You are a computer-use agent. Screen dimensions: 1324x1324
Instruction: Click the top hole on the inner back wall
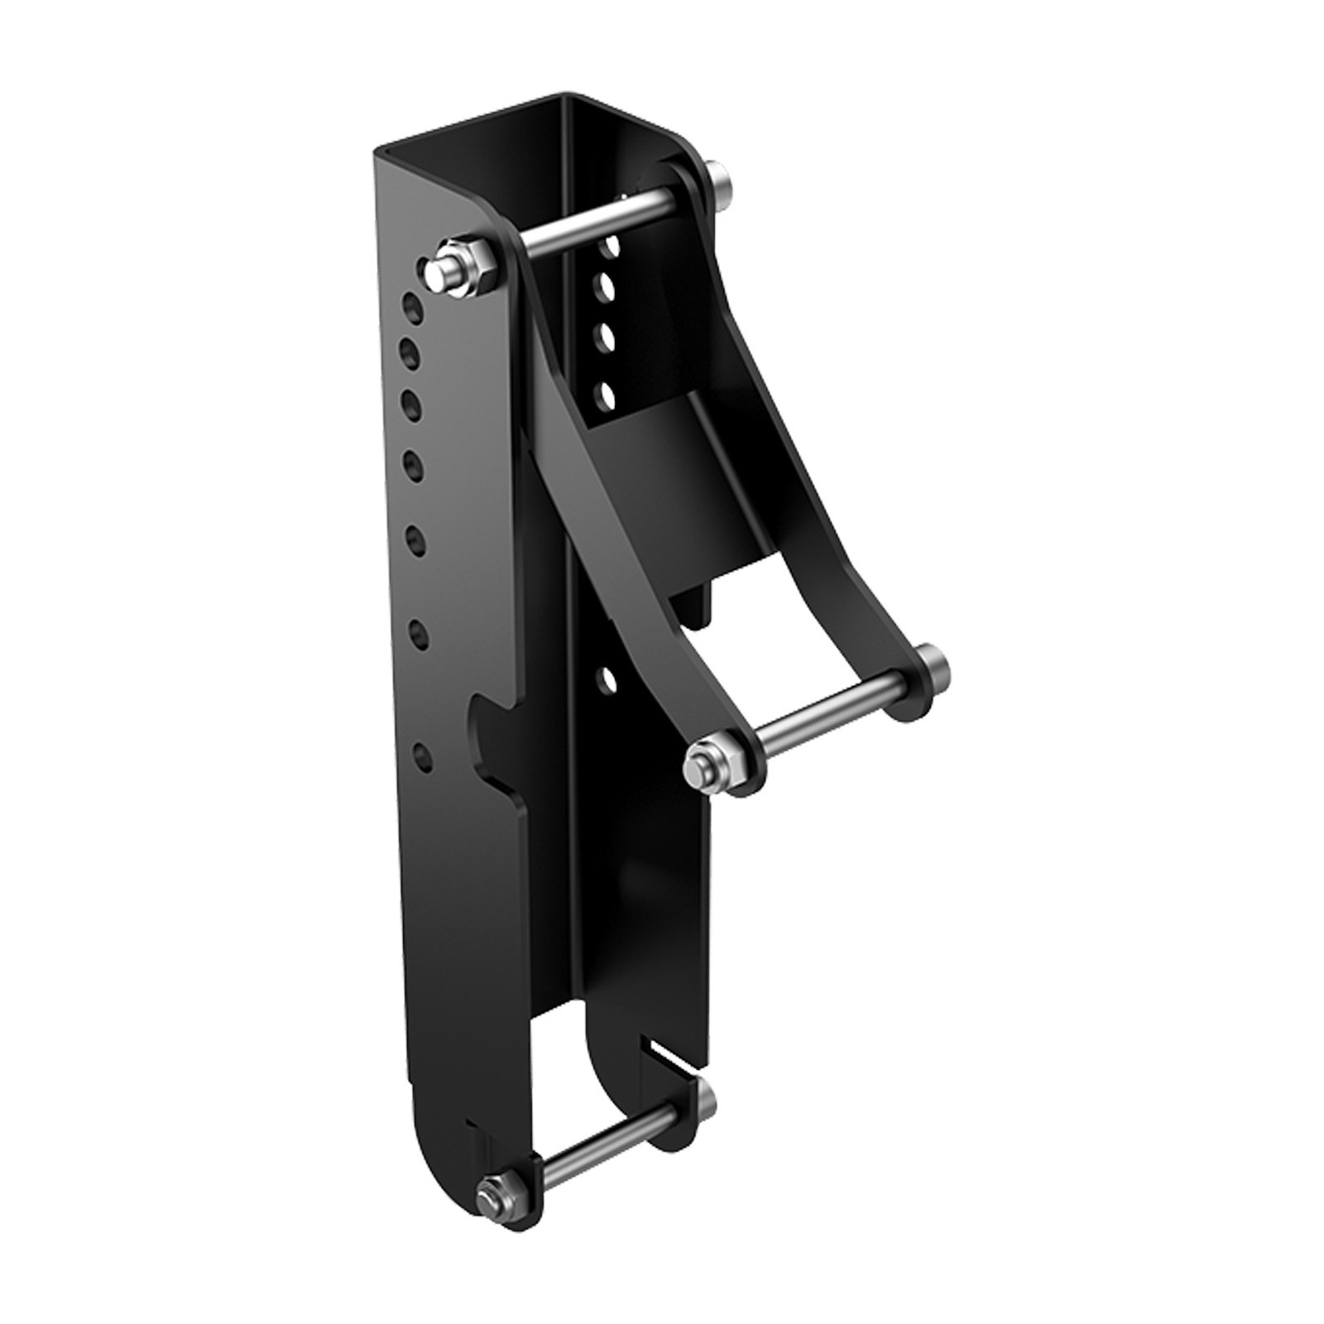click(x=611, y=246)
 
